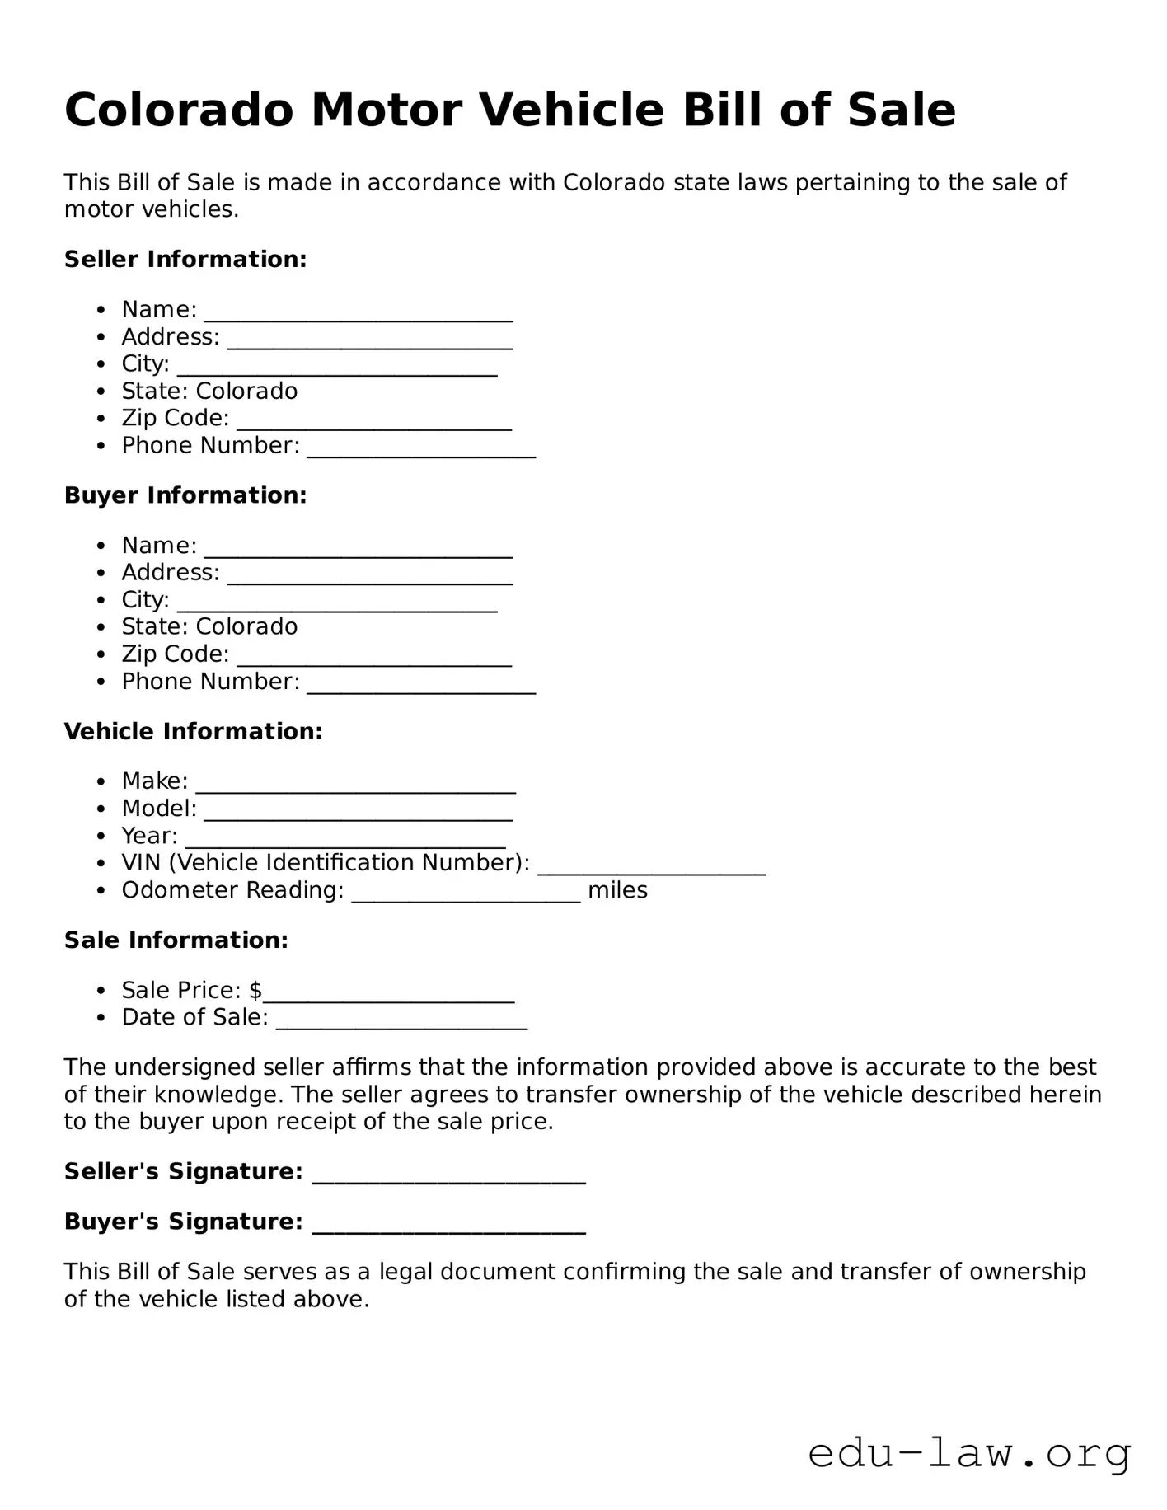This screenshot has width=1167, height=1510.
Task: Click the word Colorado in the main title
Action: point(179,110)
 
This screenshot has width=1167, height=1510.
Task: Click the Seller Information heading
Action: point(185,260)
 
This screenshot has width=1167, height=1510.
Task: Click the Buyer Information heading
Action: point(185,495)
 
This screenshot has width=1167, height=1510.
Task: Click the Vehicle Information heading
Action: point(193,732)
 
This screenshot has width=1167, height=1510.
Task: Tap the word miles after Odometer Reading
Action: point(617,891)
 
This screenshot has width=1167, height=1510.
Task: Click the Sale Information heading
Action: point(176,940)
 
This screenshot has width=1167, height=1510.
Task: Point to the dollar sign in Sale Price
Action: point(255,991)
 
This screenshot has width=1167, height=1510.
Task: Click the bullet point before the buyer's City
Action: point(101,601)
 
